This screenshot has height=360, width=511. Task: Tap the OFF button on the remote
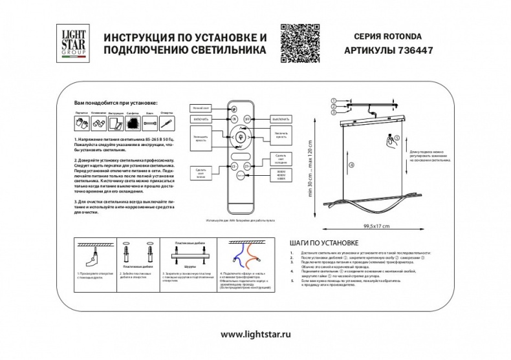[247, 120]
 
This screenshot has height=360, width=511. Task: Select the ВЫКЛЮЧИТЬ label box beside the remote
[279, 120]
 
